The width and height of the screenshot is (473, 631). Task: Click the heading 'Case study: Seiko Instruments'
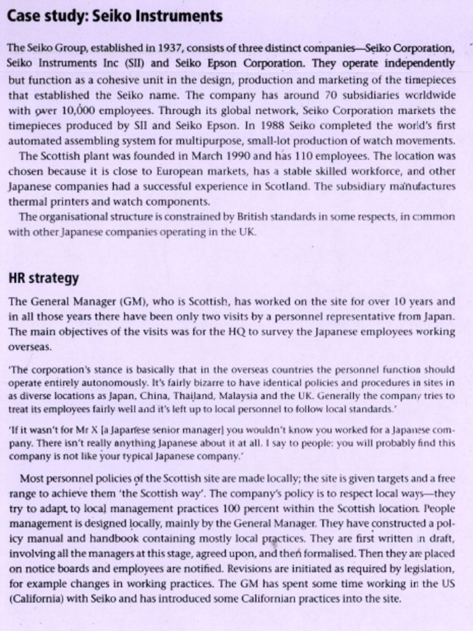coord(115,17)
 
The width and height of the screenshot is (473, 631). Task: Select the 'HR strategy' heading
coord(44,278)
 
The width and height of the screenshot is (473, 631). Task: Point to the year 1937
coord(169,48)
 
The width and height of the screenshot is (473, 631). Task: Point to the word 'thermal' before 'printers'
coord(26,201)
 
